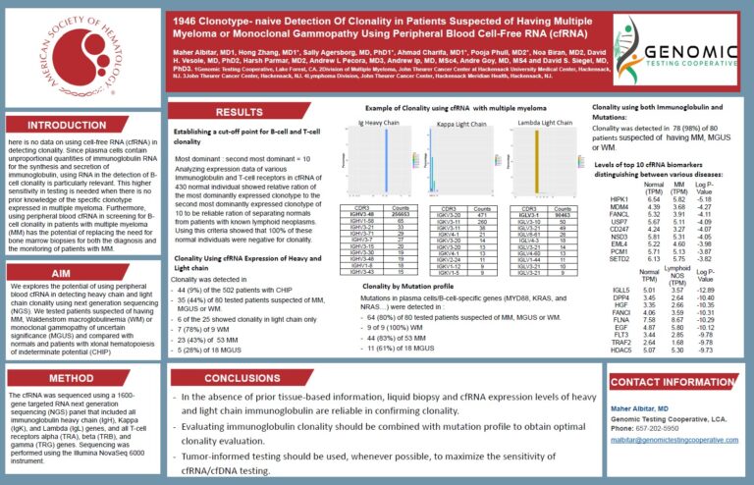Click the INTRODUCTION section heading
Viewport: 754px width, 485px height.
click(66, 126)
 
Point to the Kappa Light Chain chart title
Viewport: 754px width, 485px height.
click(458, 125)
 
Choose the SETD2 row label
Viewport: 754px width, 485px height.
click(619, 258)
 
